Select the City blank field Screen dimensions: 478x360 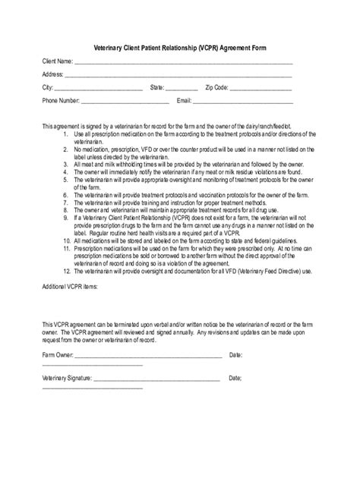point(99,90)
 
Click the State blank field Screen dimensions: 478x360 point(182,90)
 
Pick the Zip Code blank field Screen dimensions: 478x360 point(261,90)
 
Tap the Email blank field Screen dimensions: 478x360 point(243,102)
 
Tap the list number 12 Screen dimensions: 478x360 point(67,271)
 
